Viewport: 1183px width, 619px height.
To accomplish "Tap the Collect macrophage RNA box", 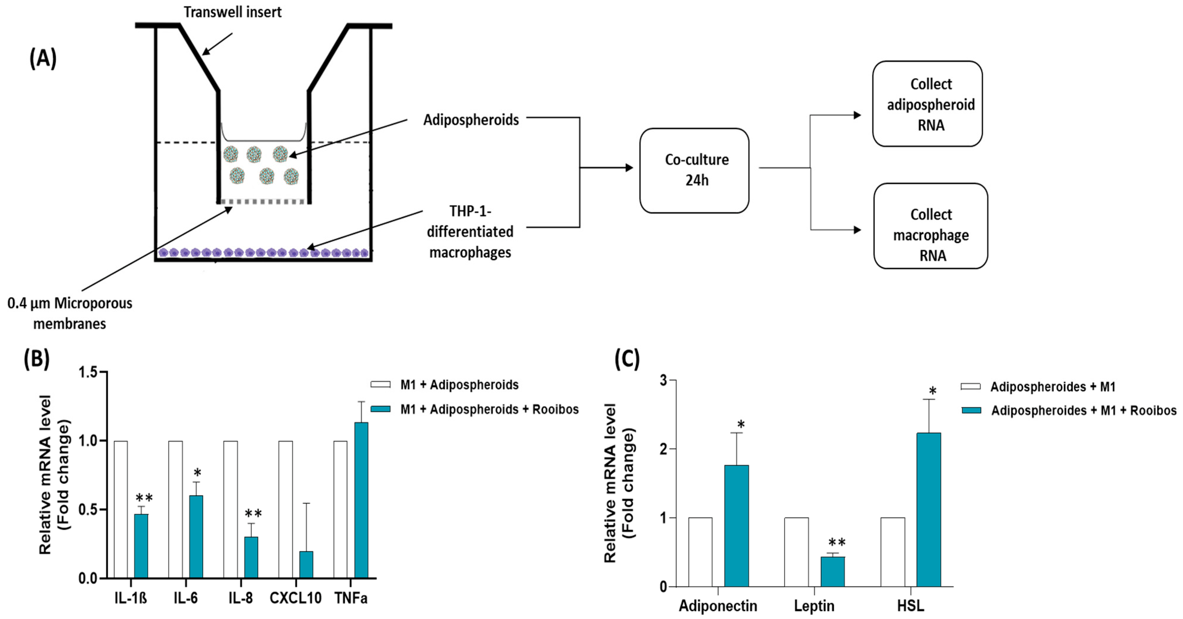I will pos(930,226).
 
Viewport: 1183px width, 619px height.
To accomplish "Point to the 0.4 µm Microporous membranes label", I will pos(70,313).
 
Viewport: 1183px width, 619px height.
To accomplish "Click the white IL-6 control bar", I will pos(176,509).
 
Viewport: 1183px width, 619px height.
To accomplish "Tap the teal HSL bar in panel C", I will pos(929,509).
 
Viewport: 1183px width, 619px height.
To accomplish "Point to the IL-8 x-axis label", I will pos(241,598).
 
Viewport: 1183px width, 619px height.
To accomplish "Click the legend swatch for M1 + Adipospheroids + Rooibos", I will pos(380,409).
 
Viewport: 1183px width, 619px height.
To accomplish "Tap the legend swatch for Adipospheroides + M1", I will pos(971,387).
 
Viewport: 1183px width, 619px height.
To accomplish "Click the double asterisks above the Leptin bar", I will pos(837,542).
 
